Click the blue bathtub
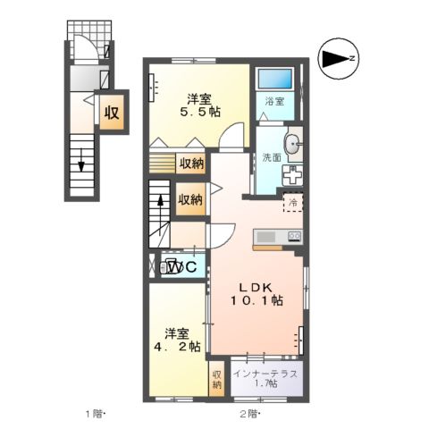click(274, 79)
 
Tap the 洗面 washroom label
click(271, 157)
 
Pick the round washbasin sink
click(292, 143)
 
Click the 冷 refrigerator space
click(292, 204)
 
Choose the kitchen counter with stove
click(278, 236)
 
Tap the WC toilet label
click(184, 265)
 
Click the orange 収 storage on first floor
click(111, 114)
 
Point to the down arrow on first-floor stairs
click(81, 164)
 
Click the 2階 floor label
click(248, 413)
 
